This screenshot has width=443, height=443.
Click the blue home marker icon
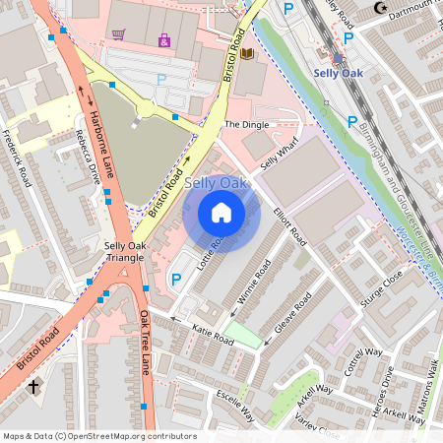pyautogui.click(x=221, y=214)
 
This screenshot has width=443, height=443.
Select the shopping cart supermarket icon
pyautogui.click(x=119, y=34)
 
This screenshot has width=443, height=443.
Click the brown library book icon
pyautogui.click(x=247, y=53)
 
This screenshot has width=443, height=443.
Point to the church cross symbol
pyautogui.click(x=34, y=388)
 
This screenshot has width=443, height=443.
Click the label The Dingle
pyautogui.click(x=245, y=125)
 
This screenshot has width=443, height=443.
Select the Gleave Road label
pyautogui.click(x=292, y=313)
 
